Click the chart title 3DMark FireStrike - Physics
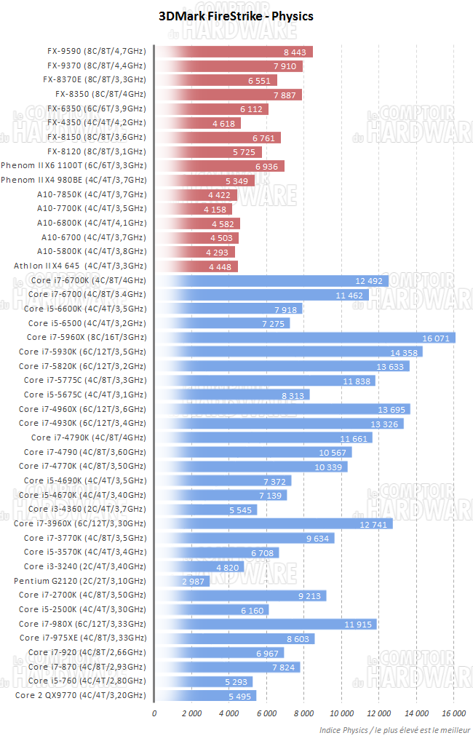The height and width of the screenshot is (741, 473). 236,15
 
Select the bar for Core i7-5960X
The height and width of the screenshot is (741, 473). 305,338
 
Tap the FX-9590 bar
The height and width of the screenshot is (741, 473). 234,52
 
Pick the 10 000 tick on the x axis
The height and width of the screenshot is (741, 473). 341,714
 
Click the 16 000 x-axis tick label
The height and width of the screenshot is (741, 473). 453,714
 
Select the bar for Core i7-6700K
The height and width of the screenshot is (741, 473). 271,280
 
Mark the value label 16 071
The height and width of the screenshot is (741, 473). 437,338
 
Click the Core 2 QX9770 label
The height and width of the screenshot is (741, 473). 81,695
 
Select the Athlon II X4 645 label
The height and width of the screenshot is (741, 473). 80,266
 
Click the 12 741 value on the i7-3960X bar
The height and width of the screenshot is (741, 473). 375,523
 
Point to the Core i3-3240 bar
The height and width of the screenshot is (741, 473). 200,566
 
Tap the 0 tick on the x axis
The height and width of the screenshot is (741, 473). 154,714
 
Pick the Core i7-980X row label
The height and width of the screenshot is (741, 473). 82,624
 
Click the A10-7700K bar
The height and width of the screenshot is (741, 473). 194,209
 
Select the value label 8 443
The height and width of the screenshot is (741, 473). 296,52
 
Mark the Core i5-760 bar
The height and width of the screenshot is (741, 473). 204,681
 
